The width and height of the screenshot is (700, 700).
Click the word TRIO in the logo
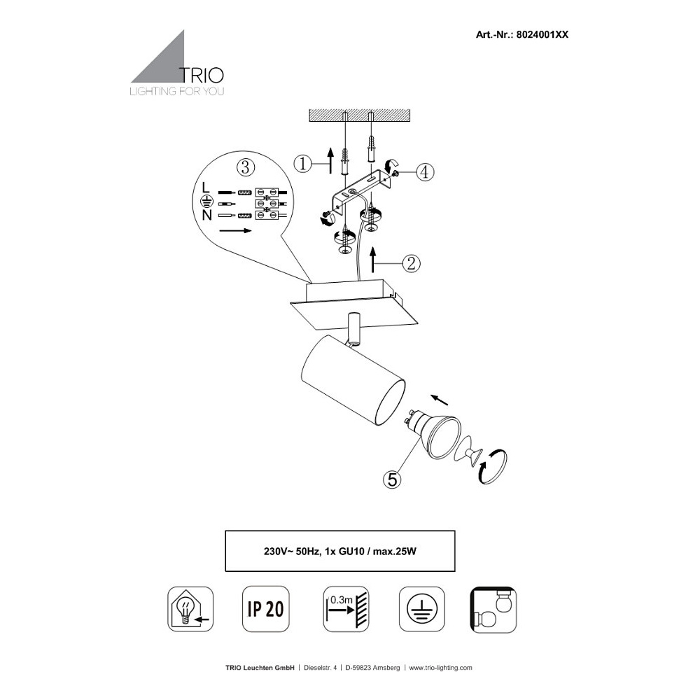pos(202,75)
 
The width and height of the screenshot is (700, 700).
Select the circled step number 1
pos(302,164)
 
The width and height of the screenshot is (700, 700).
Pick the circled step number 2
pos(411,263)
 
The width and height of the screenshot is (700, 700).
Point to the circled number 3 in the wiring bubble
pos(245,167)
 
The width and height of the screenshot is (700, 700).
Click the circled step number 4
pos(426,172)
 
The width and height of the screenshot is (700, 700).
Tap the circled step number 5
pos(392,479)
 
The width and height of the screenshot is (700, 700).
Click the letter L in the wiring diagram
pos(205,188)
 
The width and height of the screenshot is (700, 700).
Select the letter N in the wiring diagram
pos(206,215)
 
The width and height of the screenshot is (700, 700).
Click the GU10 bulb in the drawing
pos(437,434)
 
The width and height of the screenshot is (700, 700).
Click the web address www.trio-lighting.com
pos(440,668)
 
